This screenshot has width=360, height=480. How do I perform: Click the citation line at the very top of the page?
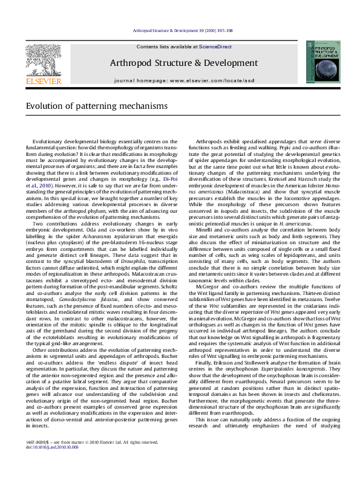pos(180,30)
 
